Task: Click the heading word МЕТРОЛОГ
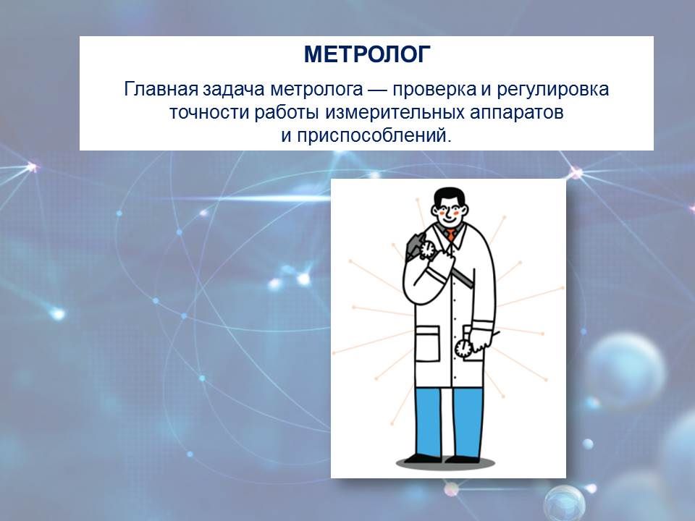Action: (x=367, y=54)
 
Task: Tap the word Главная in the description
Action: (x=161, y=89)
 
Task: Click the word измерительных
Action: (x=395, y=113)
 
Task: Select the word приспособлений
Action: (x=374, y=136)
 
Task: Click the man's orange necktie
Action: (x=451, y=234)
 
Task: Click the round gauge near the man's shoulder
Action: (x=427, y=249)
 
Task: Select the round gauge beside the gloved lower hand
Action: (x=463, y=348)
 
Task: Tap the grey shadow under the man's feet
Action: (x=445, y=463)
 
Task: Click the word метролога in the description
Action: (x=316, y=90)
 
